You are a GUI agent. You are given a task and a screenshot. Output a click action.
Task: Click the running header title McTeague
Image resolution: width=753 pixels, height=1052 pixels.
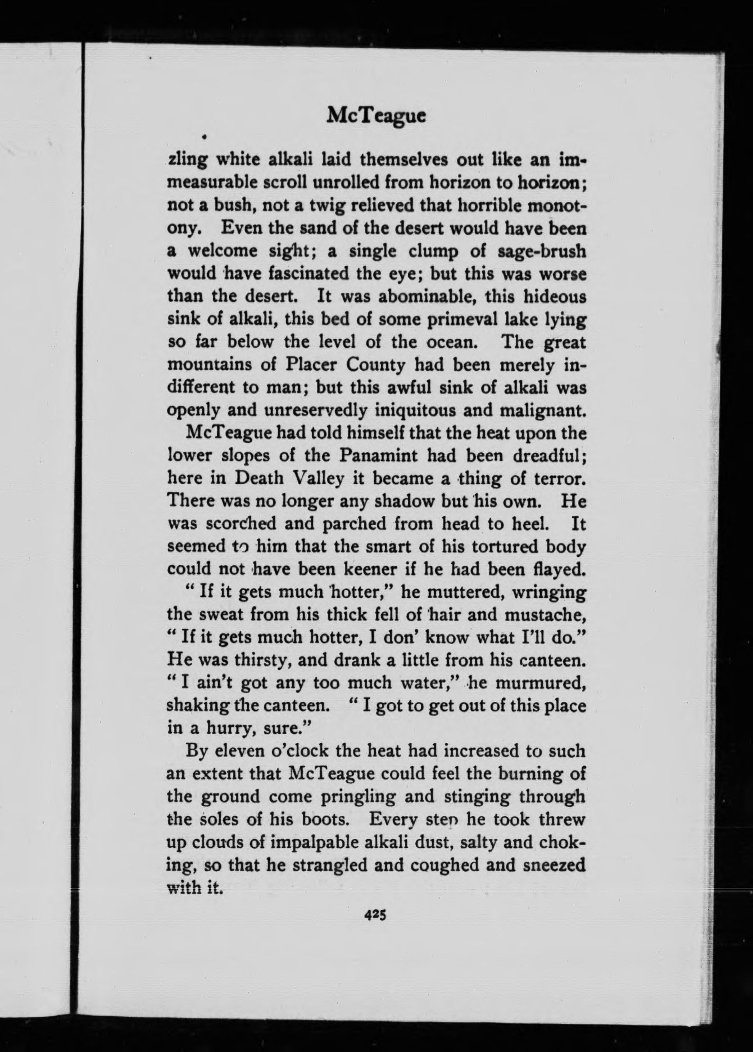pos(376,116)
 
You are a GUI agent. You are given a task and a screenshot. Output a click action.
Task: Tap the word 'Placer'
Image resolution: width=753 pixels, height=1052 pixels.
pos(309,365)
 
